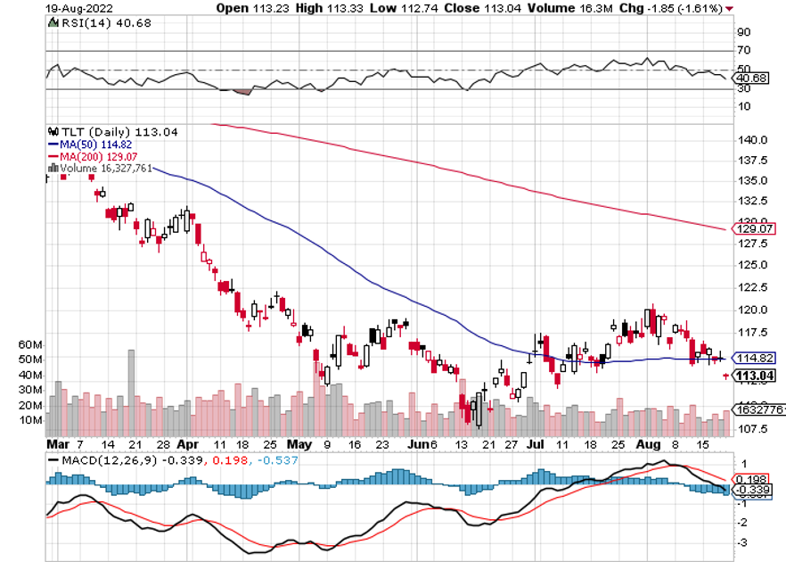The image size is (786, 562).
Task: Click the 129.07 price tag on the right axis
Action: pos(750,229)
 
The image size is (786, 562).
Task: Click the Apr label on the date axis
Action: pos(187,442)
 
